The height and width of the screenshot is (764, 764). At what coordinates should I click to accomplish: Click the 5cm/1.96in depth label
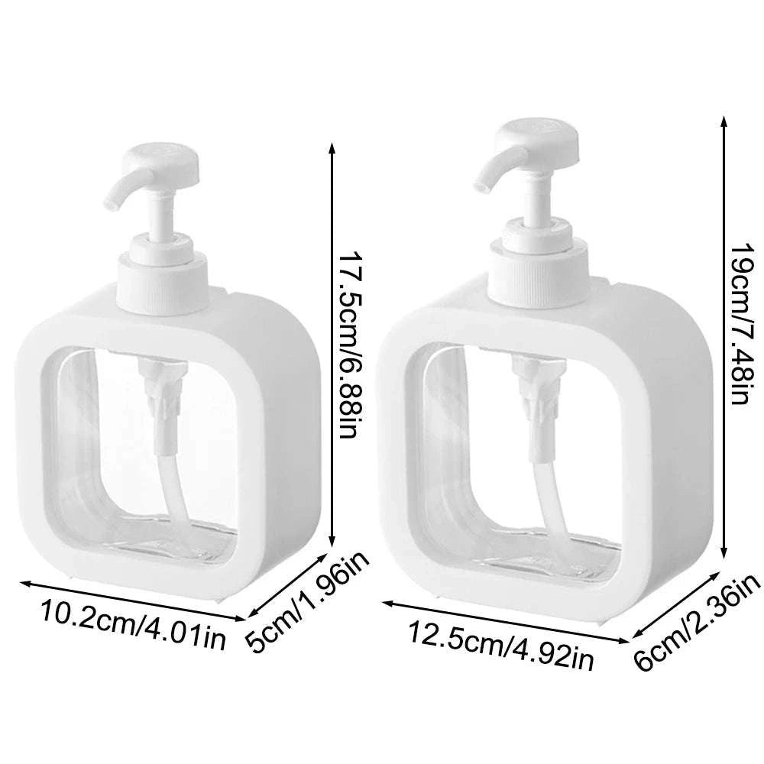tap(309, 603)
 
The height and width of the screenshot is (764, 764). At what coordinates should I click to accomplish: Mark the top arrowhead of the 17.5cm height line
tap(331, 147)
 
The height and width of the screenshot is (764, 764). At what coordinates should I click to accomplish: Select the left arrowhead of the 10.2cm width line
tap(22, 583)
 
